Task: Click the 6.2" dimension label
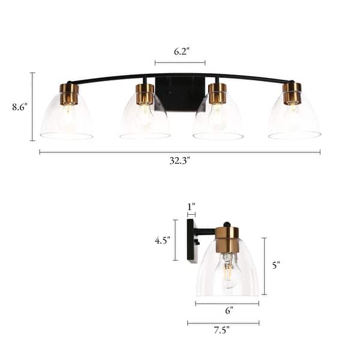179,52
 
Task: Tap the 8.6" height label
20,107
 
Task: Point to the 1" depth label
191,207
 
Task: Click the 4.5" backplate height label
162,240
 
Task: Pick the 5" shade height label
276,265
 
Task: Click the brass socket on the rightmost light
292,92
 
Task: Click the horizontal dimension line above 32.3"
179,152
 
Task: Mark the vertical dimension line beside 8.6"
32,107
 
